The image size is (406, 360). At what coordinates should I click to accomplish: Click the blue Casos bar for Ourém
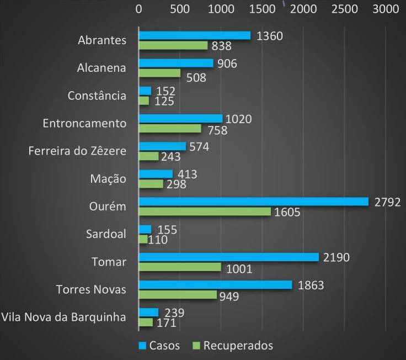click(x=253, y=202)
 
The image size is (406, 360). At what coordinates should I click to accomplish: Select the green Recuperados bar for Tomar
click(x=179, y=267)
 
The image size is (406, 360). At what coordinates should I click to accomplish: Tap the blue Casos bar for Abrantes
click(x=194, y=35)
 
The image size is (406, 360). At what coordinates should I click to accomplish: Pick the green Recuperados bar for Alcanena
click(x=159, y=73)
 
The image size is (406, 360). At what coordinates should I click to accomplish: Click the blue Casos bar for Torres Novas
click(x=215, y=284)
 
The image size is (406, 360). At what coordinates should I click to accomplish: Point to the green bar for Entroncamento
click(x=170, y=129)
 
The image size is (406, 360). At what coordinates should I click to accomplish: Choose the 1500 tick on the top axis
click(x=261, y=9)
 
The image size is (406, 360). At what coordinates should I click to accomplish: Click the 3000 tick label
click(x=385, y=9)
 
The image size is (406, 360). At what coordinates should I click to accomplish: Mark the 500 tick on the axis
click(x=180, y=9)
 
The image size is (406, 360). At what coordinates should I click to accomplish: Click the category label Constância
click(x=97, y=96)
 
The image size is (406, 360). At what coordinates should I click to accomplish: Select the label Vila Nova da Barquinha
click(x=64, y=317)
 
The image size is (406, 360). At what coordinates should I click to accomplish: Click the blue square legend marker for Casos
click(x=142, y=346)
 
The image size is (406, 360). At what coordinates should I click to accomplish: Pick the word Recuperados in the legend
click(x=238, y=346)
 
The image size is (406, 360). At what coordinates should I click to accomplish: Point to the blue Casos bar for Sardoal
click(x=145, y=229)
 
